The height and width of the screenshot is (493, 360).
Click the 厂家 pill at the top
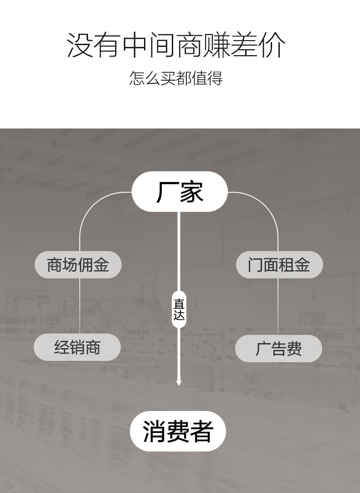click(x=180, y=192)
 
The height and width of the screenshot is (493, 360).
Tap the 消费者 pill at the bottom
click(x=178, y=431)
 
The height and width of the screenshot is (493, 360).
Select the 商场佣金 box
click(x=78, y=264)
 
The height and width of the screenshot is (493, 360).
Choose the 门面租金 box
click(x=279, y=264)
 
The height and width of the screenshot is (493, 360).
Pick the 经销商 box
click(x=77, y=347)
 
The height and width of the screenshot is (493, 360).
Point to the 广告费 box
click(x=278, y=349)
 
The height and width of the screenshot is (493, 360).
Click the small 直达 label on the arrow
click(x=179, y=309)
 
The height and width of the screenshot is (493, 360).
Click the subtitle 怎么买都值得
click(x=176, y=78)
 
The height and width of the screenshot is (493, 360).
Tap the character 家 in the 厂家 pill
click(x=191, y=192)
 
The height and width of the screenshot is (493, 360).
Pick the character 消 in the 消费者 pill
click(x=154, y=431)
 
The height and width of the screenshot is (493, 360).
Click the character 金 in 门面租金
click(x=302, y=264)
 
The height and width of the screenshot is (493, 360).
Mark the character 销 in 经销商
click(x=77, y=347)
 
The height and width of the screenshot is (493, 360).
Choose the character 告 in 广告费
click(x=278, y=349)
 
